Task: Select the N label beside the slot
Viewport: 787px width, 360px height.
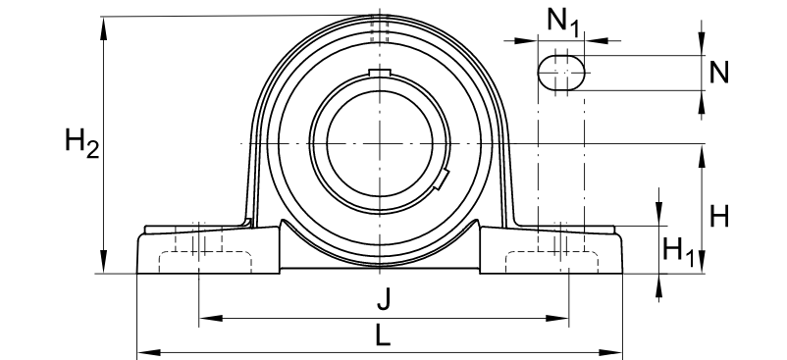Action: tap(719, 72)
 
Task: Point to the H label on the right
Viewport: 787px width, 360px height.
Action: tap(719, 217)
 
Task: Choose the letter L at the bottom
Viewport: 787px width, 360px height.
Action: tap(382, 336)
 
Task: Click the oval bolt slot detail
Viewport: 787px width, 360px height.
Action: tap(562, 72)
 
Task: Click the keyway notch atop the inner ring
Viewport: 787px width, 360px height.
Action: tap(379, 73)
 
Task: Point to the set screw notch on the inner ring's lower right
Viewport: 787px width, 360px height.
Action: tap(442, 180)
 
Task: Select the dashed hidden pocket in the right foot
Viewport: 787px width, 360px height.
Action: tap(552, 262)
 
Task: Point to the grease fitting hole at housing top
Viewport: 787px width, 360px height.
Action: tap(379, 29)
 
